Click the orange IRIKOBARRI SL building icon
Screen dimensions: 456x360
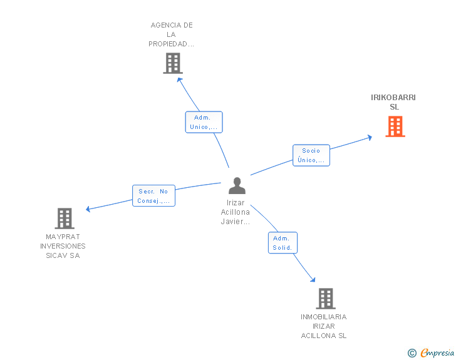(395, 126)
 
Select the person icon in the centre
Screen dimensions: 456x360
(237, 185)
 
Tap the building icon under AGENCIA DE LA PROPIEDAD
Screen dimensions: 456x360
(173, 63)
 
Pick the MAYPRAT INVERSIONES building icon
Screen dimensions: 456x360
(65, 219)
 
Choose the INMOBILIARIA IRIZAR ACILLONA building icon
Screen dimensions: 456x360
(326, 299)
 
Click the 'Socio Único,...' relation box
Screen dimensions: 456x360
(311, 155)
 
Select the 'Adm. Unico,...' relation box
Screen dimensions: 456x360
(204, 122)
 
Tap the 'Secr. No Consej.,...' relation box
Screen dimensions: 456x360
(153, 196)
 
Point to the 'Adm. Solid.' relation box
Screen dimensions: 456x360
(282, 243)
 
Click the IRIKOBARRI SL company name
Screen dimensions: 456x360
(393, 102)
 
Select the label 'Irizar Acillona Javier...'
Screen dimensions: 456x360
(236, 212)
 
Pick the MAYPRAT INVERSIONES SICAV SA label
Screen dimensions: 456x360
(63, 246)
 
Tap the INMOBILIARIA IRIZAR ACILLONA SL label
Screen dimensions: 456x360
(324, 326)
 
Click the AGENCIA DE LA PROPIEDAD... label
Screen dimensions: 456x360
(171, 34)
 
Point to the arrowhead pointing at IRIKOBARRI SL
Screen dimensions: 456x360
(370, 138)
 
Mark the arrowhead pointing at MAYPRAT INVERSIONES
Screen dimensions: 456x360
(88, 208)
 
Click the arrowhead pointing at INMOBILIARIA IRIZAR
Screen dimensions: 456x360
(313, 280)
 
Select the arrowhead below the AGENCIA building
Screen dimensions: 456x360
(179, 80)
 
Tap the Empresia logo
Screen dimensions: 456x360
(437, 352)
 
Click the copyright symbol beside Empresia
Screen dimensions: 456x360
(412, 353)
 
